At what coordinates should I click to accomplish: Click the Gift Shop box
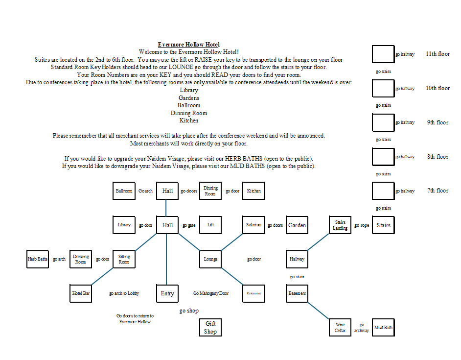click(x=210, y=327)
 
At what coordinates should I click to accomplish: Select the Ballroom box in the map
click(x=124, y=191)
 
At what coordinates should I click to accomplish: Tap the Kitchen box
click(x=254, y=191)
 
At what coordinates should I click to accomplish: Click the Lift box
click(x=210, y=225)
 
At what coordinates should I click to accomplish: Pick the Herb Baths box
click(x=38, y=259)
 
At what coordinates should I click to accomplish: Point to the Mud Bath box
click(x=383, y=327)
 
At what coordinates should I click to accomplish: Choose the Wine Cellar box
click(x=340, y=327)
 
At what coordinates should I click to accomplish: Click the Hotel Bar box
click(x=81, y=293)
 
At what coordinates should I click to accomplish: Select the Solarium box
click(x=254, y=225)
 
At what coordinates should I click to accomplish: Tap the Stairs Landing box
click(x=340, y=225)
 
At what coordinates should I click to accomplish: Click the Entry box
click(x=167, y=293)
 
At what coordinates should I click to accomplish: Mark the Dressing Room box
click(x=81, y=259)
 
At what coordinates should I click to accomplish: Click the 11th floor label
click(x=438, y=54)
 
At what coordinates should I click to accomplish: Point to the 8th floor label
click(x=438, y=157)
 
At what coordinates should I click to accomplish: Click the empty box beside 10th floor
click(x=383, y=88)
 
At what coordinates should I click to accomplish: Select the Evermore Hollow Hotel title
click(x=189, y=45)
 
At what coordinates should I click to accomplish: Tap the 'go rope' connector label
click(x=362, y=225)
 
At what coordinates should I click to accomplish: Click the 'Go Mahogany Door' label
click(x=211, y=293)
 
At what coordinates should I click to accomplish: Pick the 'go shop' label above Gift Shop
click(x=189, y=311)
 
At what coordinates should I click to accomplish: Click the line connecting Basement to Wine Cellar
click(x=319, y=310)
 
